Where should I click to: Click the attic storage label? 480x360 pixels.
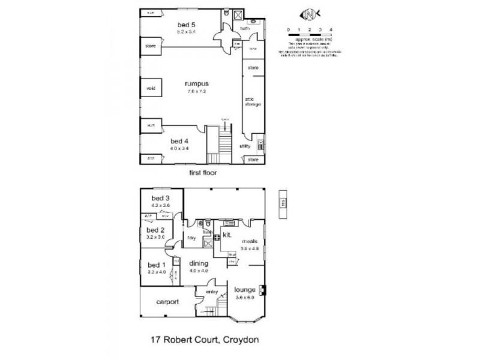[x=252, y=101]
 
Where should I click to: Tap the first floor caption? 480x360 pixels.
[x=203, y=172]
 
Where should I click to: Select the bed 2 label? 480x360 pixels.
[x=155, y=230]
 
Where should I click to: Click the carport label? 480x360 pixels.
[x=167, y=302]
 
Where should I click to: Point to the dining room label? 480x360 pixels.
[x=199, y=263]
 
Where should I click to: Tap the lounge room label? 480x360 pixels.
[x=245, y=290]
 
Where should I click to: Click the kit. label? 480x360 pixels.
[x=227, y=235]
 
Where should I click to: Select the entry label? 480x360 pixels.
[x=212, y=292]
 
